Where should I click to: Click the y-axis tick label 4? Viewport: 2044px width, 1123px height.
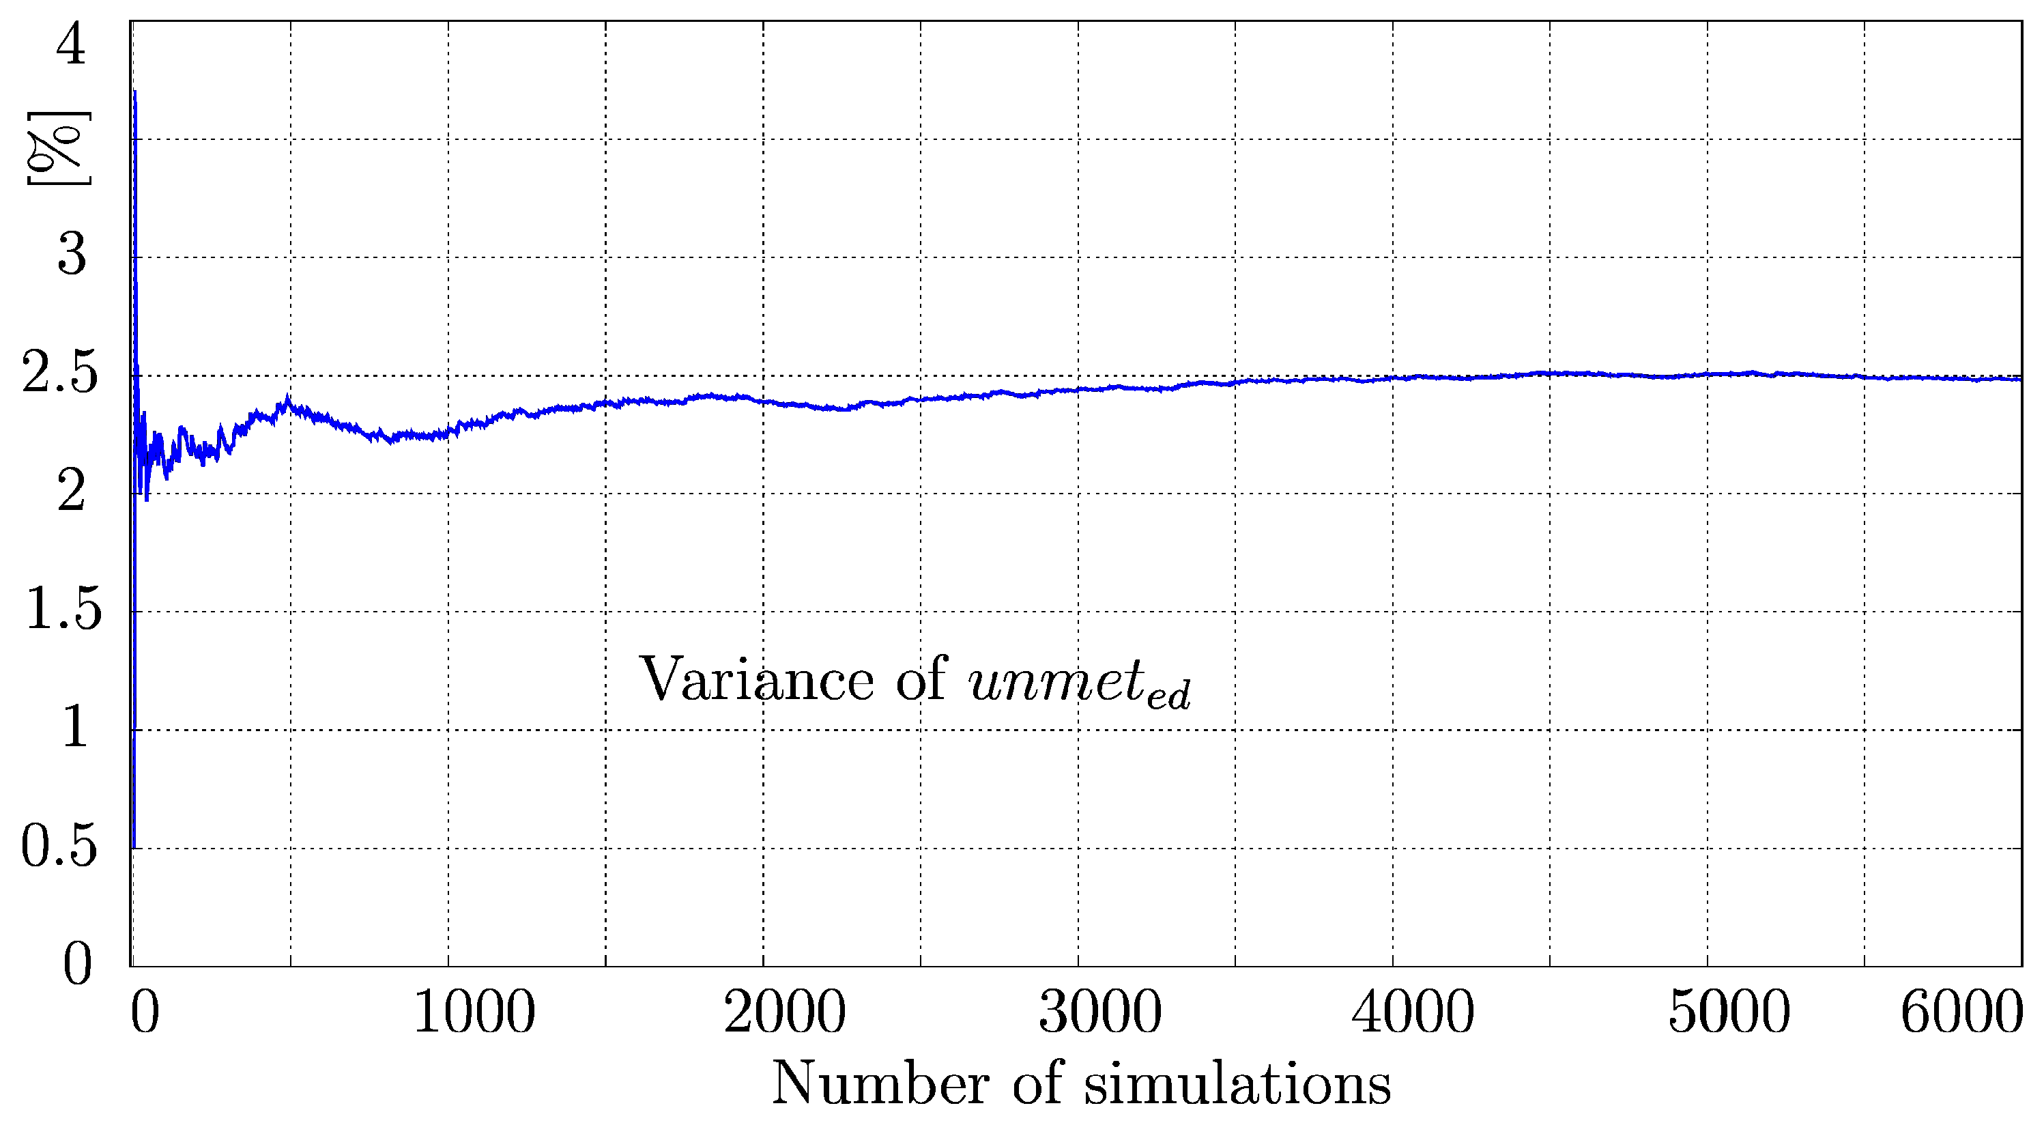[70, 44]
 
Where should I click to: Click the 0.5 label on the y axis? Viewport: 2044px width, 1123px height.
[59, 846]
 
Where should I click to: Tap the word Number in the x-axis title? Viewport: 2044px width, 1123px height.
[881, 1083]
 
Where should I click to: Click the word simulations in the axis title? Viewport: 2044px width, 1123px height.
[1237, 1083]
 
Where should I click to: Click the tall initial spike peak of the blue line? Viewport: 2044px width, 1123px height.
[135, 93]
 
